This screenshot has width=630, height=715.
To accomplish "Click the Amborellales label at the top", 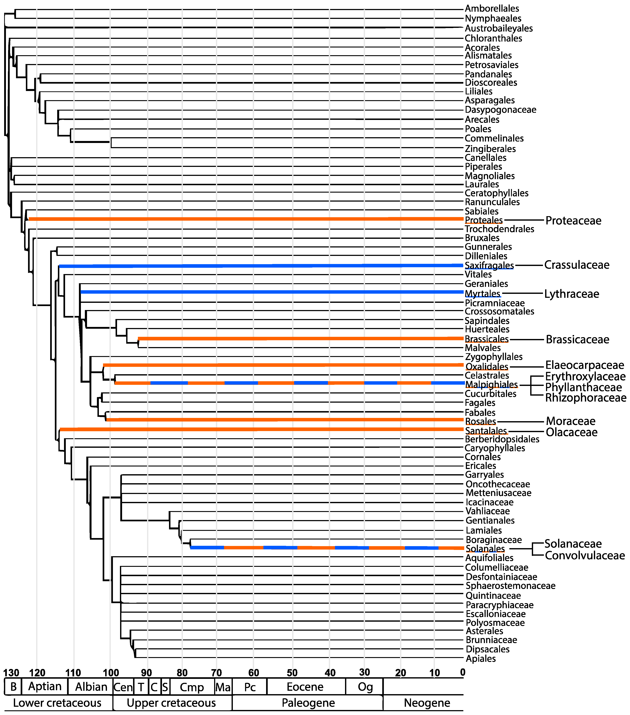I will point(492,8).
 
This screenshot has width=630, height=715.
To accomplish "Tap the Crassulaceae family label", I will point(576,265).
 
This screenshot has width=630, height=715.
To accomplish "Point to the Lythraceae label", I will point(571,294).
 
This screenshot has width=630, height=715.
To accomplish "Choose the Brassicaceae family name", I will point(577,339).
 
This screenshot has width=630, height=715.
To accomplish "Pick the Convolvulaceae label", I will point(585,555).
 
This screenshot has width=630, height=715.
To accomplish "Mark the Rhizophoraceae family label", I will point(586,398).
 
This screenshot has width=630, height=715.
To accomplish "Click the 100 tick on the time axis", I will point(111,672).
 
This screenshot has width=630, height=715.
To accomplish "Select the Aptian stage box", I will point(45,686).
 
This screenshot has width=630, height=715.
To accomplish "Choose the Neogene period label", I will point(427,703).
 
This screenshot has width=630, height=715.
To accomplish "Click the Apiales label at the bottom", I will point(481,659).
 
